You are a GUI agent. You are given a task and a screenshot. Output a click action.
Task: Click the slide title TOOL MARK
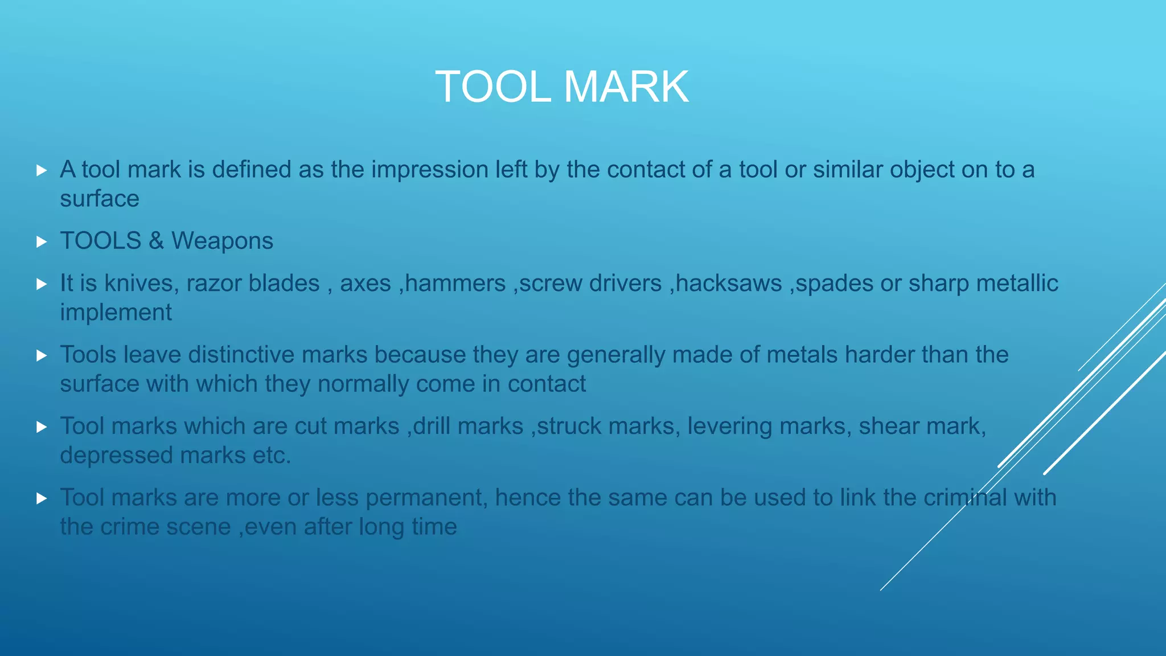(x=562, y=87)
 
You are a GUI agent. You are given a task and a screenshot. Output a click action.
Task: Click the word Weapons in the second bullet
(x=222, y=241)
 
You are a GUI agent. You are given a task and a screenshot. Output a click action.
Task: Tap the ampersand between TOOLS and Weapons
(x=156, y=241)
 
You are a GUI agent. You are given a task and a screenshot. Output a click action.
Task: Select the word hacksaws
(x=729, y=284)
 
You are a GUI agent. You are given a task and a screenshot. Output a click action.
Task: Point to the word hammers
(x=455, y=284)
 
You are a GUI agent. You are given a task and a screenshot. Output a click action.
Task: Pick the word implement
(x=116, y=313)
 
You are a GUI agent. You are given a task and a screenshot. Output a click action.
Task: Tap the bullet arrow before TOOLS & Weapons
(x=41, y=241)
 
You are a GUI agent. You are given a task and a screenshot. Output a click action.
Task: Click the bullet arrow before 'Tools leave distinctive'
(x=41, y=355)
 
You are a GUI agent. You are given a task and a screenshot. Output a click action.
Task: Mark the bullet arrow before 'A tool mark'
(x=41, y=170)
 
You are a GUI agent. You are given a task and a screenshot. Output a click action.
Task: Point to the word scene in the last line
(x=199, y=527)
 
